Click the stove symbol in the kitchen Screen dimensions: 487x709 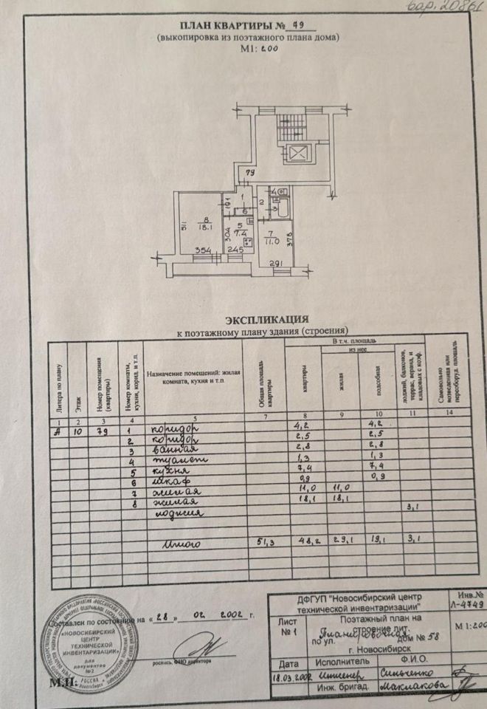click(x=246, y=241)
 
